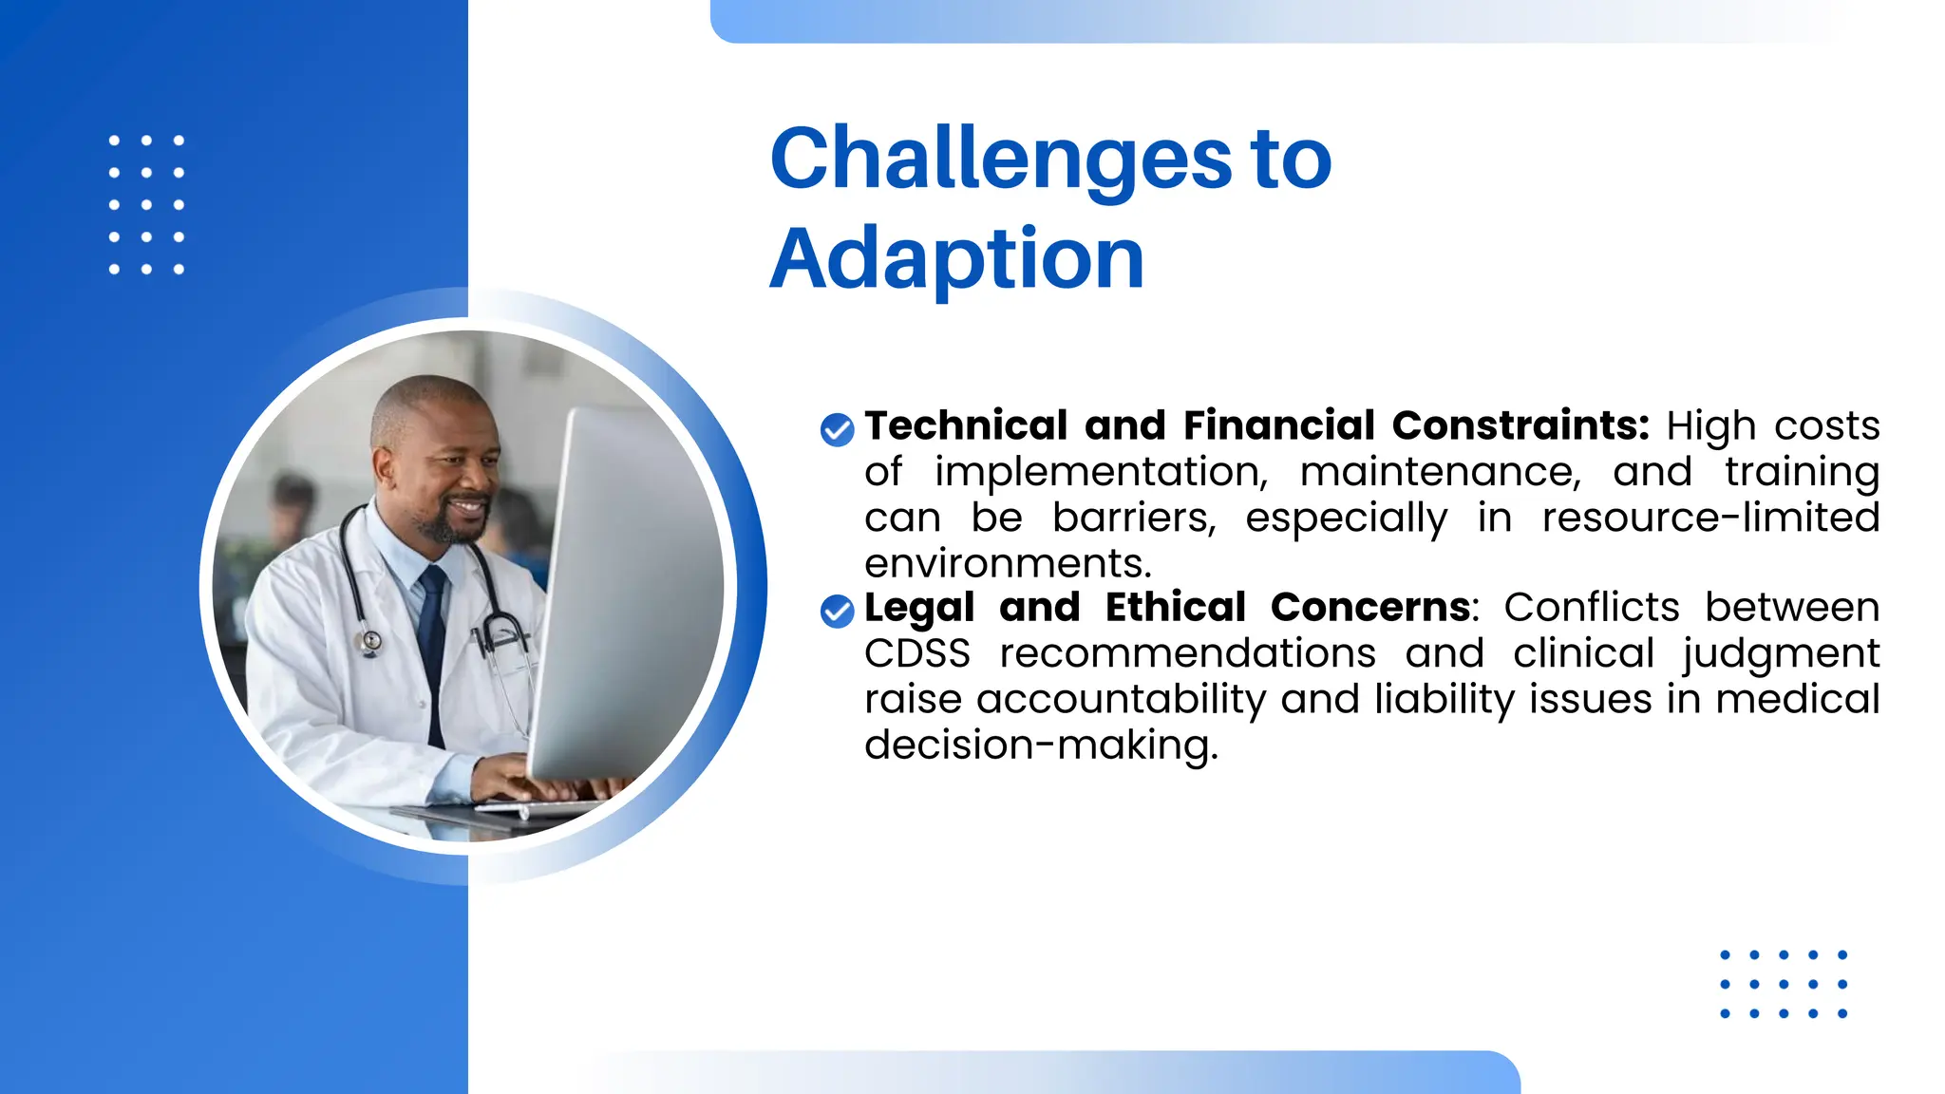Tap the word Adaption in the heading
point(956,258)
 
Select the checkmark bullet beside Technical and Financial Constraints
point(837,429)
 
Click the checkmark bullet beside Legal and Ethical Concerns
point(837,612)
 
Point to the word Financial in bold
point(1279,425)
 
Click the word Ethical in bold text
point(1175,608)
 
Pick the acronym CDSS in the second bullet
point(917,653)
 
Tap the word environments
point(1007,564)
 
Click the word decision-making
point(1040,745)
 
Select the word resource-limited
point(1709,519)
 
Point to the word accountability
point(1121,700)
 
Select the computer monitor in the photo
point(627,589)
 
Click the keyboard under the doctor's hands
point(541,807)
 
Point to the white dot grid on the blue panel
point(146,205)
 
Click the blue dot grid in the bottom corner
point(1783,984)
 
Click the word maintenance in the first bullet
point(1440,473)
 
